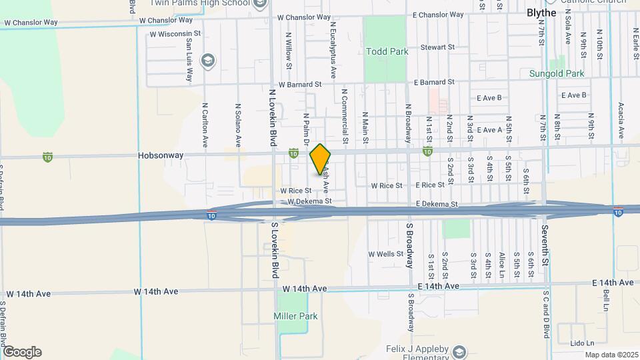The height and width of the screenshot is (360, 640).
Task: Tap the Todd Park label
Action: click(x=385, y=51)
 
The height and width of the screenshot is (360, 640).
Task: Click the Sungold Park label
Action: click(x=557, y=73)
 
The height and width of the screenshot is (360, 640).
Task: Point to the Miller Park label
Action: click(x=295, y=316)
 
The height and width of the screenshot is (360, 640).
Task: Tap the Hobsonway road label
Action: click(x=158, y=155)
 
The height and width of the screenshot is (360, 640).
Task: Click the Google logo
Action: click(x=21, y=352)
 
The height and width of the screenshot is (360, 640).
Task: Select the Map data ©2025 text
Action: click(x=611, y=355)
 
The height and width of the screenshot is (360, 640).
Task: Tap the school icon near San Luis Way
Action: click(x=208, y=61)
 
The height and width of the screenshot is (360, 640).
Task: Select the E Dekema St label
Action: click(x=437, y=203)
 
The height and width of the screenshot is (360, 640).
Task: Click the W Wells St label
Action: click(x=386, y=254)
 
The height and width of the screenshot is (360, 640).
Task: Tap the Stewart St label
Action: click(x=437, y=48)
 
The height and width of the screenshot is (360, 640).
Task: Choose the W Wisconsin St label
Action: click(x=175, y=33)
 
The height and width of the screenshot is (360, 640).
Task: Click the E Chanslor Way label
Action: click(x=438, y=15)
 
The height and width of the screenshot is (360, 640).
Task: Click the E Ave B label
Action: click(x=489, y=98)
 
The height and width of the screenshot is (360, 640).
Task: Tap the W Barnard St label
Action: click(x=300, y=85)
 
